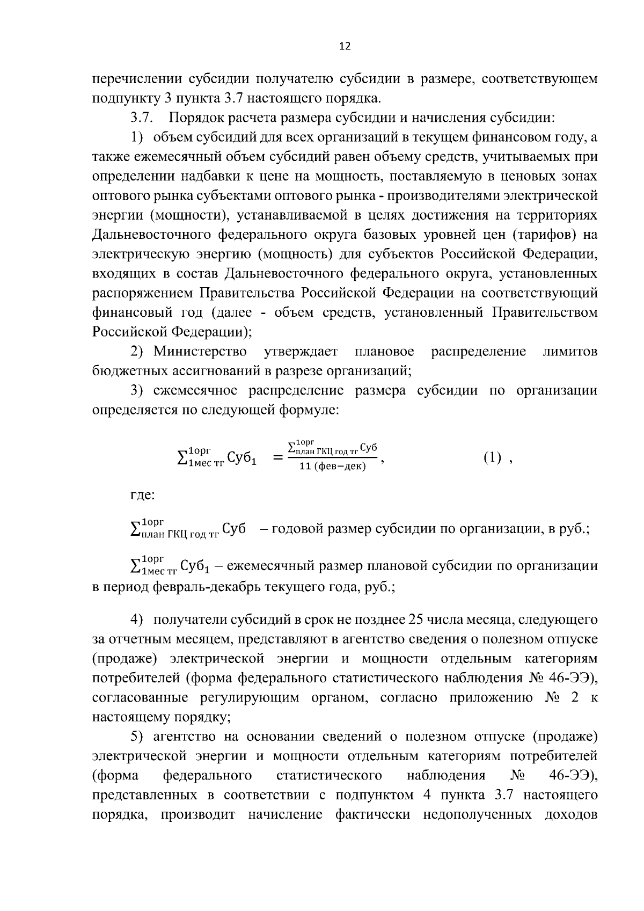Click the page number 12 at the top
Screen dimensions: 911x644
coord(345,47)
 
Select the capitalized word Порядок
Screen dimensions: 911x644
coord(196,118)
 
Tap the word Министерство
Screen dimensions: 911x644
coord(200,352)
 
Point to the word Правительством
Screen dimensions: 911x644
coord(545,313)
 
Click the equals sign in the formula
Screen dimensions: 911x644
coord(278,458)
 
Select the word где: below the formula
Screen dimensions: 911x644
coord(143,495)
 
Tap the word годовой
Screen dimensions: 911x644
coord(297,529)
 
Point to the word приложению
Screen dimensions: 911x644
coord(495,698)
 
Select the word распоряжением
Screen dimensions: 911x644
coord(142,294)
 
